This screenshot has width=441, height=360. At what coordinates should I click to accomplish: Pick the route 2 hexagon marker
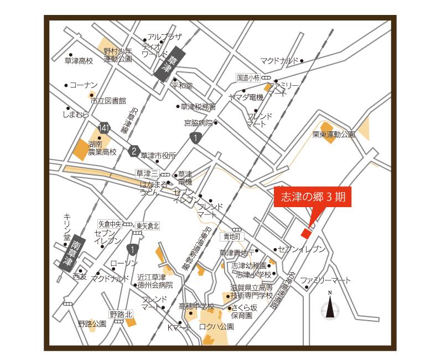(x=133, y=151)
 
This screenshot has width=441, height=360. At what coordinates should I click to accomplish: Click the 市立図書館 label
(x=108, y=101)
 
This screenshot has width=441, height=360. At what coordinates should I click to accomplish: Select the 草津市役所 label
(x=158, y=156)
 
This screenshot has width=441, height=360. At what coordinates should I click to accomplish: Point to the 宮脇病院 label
(x=198, y=122)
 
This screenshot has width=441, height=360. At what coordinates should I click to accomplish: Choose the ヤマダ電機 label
(x=246, y=97)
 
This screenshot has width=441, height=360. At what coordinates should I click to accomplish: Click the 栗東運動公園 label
(x=333, y=134)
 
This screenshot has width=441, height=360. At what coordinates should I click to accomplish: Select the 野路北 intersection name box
(x=121, y=314)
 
